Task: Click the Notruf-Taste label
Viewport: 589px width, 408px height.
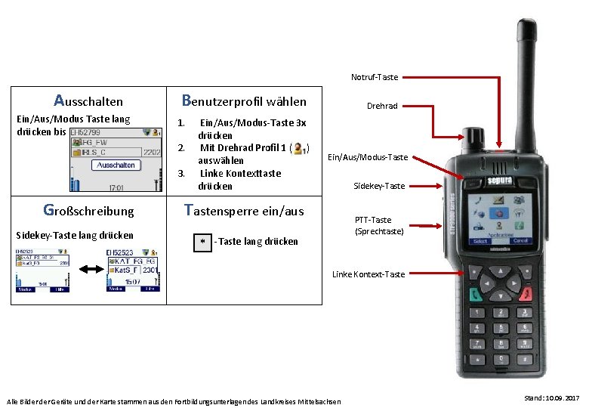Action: pyautogui.click(x=375, y=77)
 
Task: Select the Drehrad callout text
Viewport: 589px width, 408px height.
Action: pyautogui.click(x=382, y=106)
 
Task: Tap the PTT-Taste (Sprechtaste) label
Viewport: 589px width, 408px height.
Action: pyautogui.click(x=379, y=225)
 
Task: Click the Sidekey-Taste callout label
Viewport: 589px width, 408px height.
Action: pyautogui.click(x=379, y=185)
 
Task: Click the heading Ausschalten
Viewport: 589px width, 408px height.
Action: pyautogui.click(x=88, y=100)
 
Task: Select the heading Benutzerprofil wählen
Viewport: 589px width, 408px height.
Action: pyautogui.click(x=245, y=100)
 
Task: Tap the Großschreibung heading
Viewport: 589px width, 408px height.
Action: pyautogui.click(x=88, y=211)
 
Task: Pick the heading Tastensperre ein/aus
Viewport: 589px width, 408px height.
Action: pyautogui.click(x=245, y=211)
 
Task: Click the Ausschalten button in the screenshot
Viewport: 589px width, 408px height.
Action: pyautogui.click(x=116, y=165)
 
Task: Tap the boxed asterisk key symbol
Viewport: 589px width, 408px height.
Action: pyautogui.click(x=202, y=242)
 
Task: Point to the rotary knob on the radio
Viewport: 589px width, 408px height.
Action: pyautogui.click(x=473, y=138)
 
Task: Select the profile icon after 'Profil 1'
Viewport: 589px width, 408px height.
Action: pyautogui.click(x=301, y=148)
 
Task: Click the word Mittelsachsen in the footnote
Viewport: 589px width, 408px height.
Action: pyautogui.click(x=319, y=401)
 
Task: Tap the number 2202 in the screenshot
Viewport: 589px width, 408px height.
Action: pyautogui.click(x=152, y=152)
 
